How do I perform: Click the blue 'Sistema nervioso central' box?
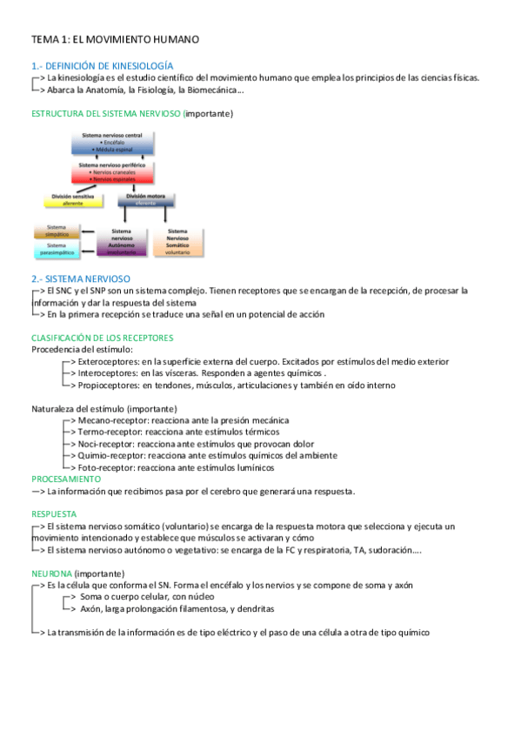tap(117, 143)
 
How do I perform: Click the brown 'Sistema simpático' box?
tap(57, 231)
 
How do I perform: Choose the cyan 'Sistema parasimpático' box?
tap(57, 250)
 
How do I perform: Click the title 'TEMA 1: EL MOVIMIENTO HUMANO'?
tap(116, 40)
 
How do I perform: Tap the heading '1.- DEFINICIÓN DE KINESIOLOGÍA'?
tap(102, 65)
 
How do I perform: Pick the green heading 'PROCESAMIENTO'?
tap(66, 479)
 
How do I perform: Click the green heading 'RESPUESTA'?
tap(54, 514)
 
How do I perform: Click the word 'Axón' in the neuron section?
tap(90, 609)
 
